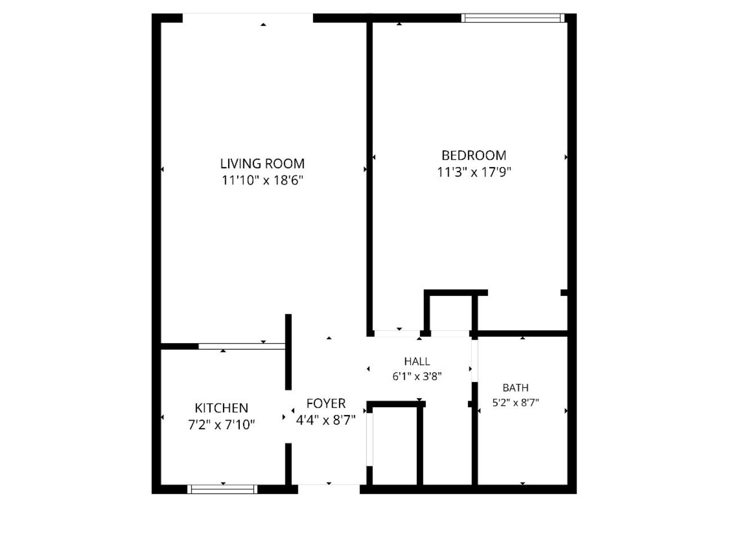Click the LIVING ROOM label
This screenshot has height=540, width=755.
point(262,164)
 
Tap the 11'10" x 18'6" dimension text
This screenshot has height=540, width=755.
point(262,181)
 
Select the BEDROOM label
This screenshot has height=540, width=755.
point(474,155)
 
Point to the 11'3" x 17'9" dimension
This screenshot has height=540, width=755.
point(474,172)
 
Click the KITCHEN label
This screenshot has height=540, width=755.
point(221,408)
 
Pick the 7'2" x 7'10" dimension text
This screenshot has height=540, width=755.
point(221,425)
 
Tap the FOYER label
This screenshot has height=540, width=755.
point(326,403)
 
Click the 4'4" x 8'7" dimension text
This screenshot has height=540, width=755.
point(326,420)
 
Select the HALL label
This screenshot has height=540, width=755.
point(417,362)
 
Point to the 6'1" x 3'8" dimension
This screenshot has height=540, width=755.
point(417,376)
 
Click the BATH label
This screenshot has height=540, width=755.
point(516,388)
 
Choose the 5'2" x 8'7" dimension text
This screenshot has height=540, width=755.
point(516,403)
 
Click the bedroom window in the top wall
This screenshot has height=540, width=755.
point(513,18)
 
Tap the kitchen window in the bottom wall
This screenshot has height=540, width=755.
point(222,489)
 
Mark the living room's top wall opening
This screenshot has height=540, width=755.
point(248,18)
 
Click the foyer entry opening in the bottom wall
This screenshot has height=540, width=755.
point(329,489)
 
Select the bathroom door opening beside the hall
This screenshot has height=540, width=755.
point(475,361)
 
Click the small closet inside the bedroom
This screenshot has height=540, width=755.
point(450,313)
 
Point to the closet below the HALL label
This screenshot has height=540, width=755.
point(395,446)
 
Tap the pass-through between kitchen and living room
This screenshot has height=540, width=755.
point(242,346)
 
